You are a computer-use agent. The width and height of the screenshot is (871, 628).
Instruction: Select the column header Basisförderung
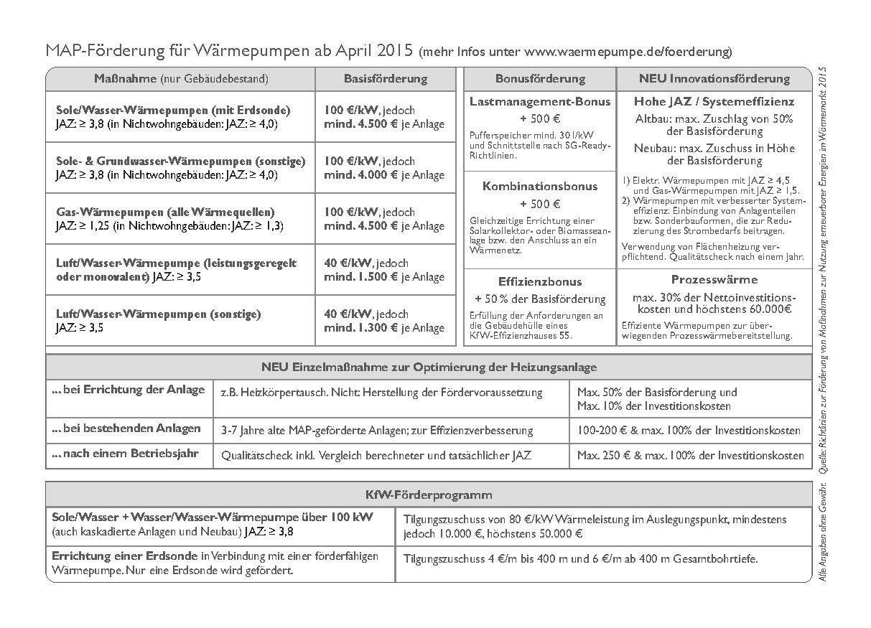(385, 79)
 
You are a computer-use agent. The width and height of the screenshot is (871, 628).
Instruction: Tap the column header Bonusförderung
(540, 79)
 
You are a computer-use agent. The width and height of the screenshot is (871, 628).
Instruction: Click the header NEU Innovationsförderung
(714, 79)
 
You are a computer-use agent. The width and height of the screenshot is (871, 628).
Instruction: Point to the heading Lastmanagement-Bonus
(540, 102)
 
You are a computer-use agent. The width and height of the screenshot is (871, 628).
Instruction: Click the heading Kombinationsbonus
(540, 187)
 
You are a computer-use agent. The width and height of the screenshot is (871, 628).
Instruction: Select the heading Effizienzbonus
(540, 282)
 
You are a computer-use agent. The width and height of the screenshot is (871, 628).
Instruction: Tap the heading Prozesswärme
(714, 280)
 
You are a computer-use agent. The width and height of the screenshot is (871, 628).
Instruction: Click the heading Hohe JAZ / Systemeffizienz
(714, 102)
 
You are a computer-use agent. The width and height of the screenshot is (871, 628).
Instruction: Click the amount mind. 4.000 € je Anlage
(384, 174)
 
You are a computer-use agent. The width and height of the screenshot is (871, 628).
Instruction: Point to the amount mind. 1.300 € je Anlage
(384, 328)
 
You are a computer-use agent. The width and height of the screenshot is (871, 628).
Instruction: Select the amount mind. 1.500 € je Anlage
(384, 277)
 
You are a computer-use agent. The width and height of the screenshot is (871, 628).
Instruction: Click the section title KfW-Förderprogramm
(429, 495)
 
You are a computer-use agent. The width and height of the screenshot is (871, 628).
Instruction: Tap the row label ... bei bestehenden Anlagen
(126, 428)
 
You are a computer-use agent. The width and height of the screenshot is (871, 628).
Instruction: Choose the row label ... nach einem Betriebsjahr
(125, 454)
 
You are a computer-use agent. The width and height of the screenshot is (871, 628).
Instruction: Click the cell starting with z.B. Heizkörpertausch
(382, 393)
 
